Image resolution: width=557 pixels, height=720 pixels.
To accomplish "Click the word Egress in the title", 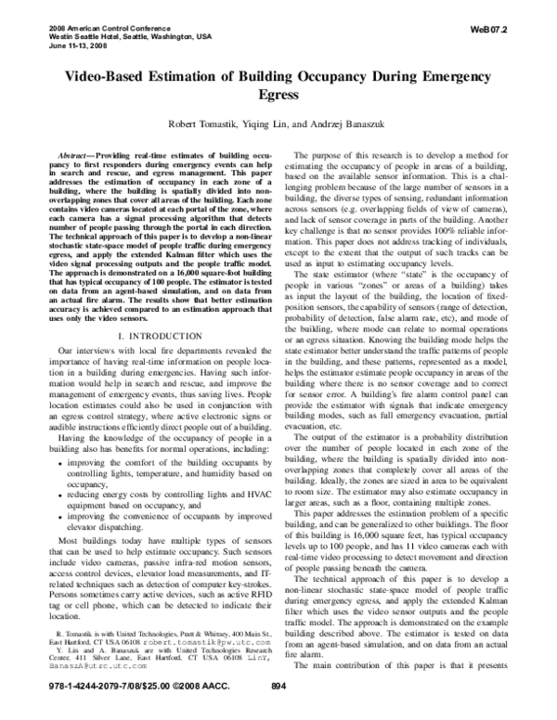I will [278, 94].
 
